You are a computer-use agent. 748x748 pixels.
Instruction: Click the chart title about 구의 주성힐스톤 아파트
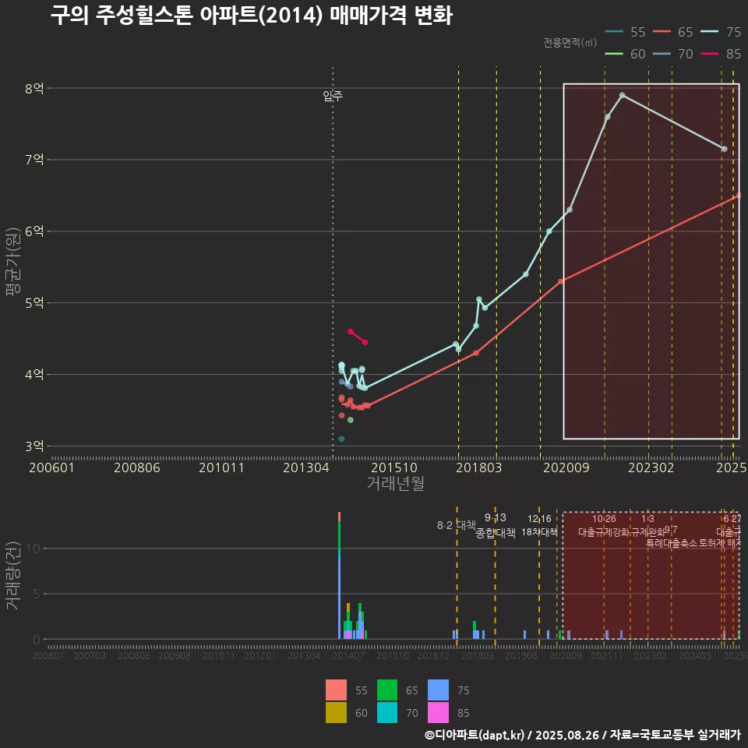tap(251, 16)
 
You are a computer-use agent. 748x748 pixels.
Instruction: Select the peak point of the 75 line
tap(622, 95)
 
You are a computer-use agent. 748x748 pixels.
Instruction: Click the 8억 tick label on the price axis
tap(34, 88)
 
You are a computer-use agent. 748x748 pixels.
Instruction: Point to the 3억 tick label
tap(34, 446)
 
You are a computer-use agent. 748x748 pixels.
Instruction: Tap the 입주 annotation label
tap(333, 96)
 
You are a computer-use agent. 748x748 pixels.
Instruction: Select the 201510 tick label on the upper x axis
tap(389, 467)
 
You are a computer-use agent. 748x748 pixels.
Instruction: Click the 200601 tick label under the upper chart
tap(51, 467)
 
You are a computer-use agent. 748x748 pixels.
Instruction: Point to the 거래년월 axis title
tap(395, 483)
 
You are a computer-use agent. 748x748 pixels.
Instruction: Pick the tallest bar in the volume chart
tap(339, 577)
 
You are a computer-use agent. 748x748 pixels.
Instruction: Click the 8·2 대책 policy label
tap(457, 525)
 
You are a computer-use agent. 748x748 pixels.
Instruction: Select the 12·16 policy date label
tap(539, 519)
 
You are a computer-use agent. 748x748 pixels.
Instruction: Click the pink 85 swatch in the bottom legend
tap(336, 712)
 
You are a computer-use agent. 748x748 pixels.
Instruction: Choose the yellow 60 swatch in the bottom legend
tap(336, 712)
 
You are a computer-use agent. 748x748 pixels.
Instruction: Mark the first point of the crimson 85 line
tap(351, 331)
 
